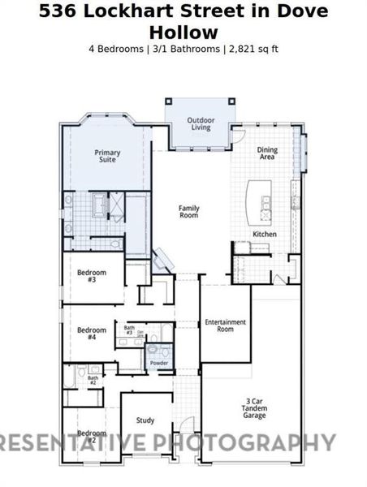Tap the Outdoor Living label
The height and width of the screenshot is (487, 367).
point(201,123)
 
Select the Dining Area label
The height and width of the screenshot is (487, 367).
point(266,153)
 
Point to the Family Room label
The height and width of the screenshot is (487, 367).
point(189,212)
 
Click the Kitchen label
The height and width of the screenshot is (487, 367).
point(265,234)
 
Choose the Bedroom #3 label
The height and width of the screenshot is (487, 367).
point(92,275)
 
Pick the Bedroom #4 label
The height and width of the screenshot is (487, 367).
point(92,333)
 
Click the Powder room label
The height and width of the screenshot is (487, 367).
point(159,363)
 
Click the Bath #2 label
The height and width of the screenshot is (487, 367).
point(93,378)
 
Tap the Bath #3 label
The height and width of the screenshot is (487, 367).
point(129,331)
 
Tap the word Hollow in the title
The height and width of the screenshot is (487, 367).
point(183,32)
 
